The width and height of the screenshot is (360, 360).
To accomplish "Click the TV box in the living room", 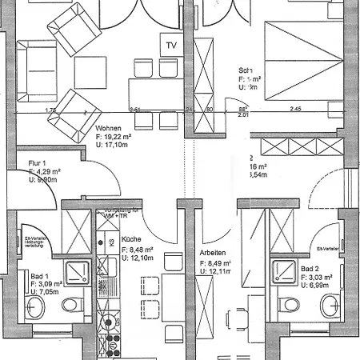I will coord(170,46).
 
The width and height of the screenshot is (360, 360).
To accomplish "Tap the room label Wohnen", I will coord(109,129).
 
